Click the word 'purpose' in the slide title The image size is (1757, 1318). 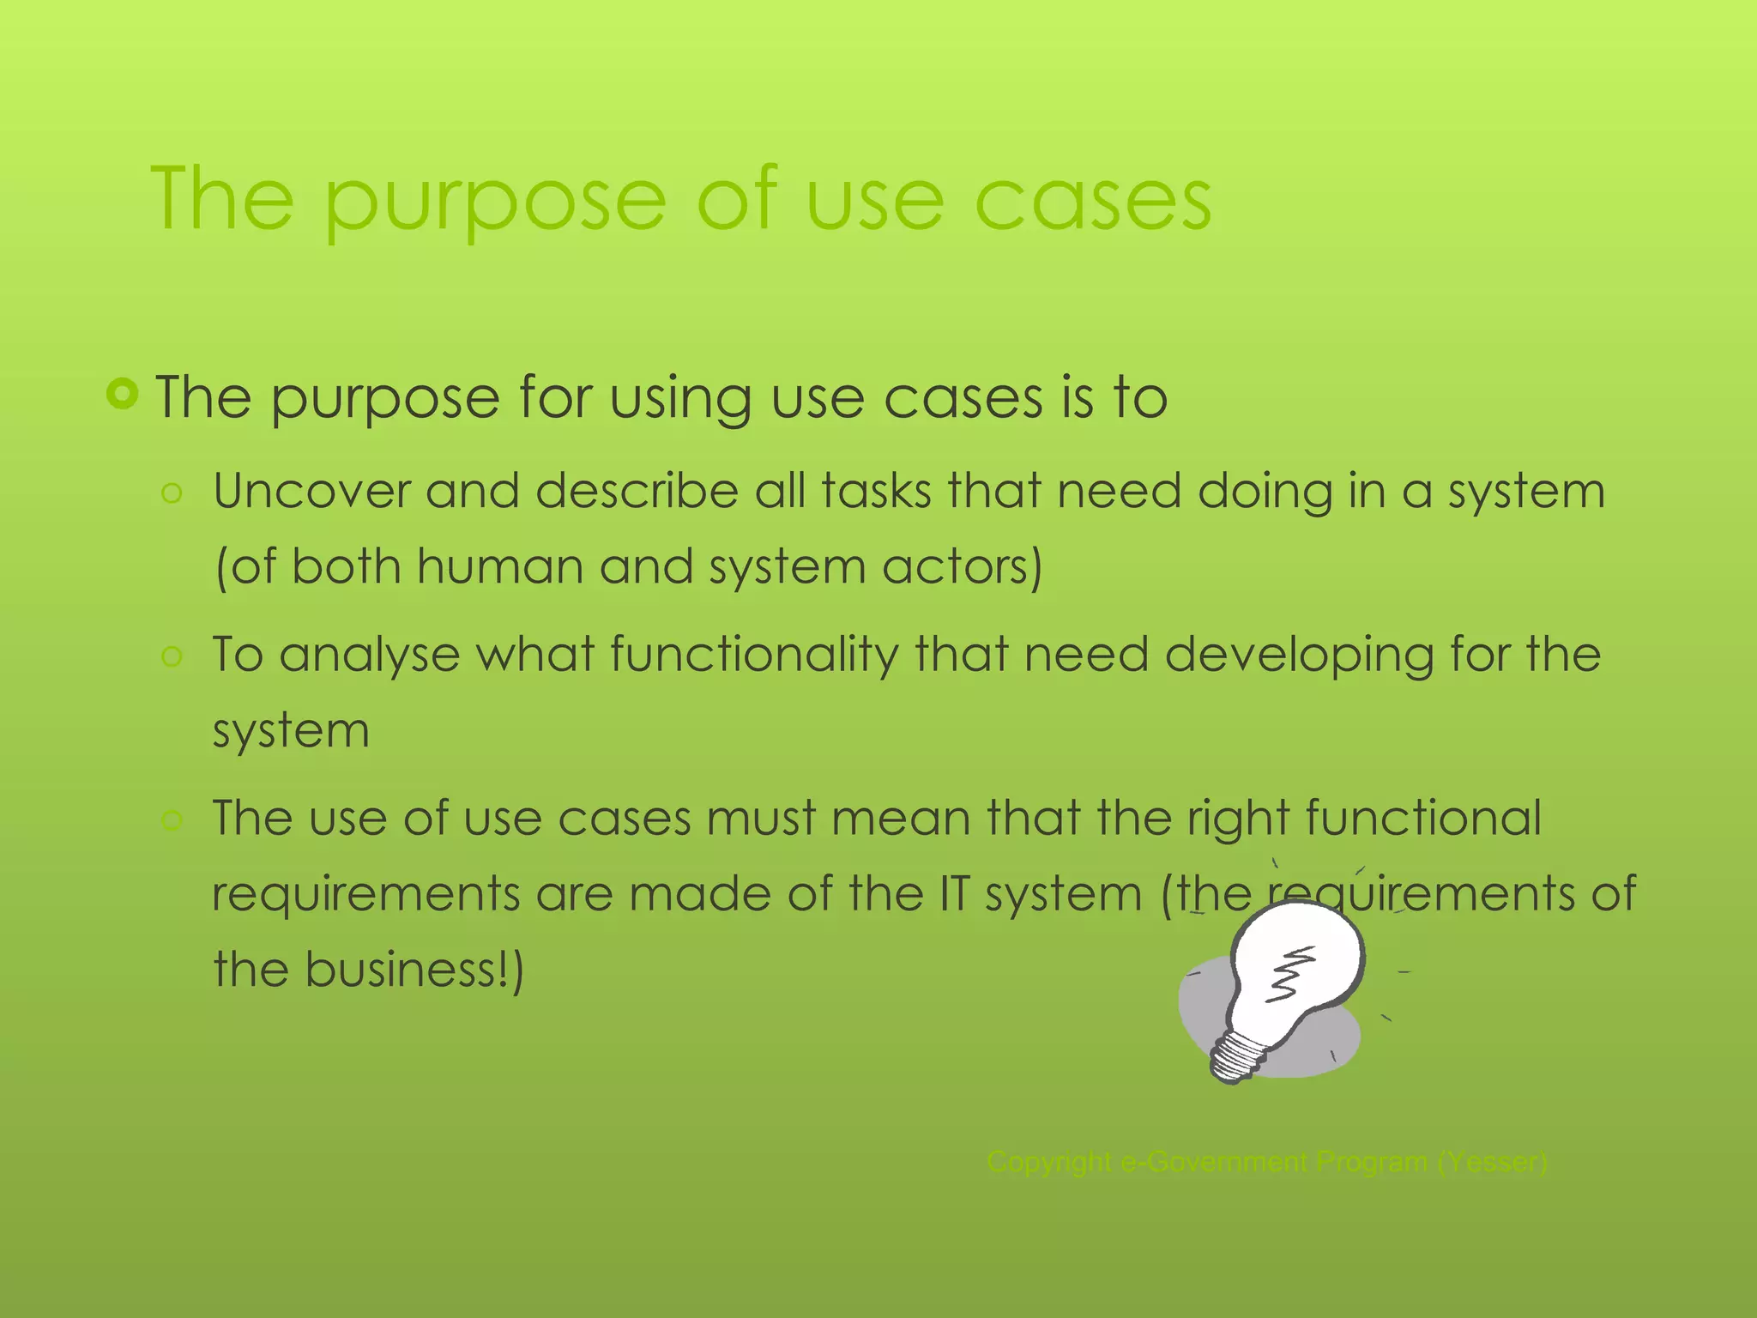tap(495, 202)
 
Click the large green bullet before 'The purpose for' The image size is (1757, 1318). tap(123, 394)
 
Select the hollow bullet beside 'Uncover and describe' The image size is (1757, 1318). tap(172, 493)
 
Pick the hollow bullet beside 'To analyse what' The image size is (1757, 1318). tap(172, 657)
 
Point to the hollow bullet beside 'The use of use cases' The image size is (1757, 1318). tap(172, 820)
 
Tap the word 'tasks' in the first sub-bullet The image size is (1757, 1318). tap(876, 492)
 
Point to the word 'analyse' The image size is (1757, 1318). tap(369, 656)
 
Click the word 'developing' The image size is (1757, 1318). tap(1299, 656)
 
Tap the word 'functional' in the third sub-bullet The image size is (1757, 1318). tap(1423, 818)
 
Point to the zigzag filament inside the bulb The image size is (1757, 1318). tap(1292, 974)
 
